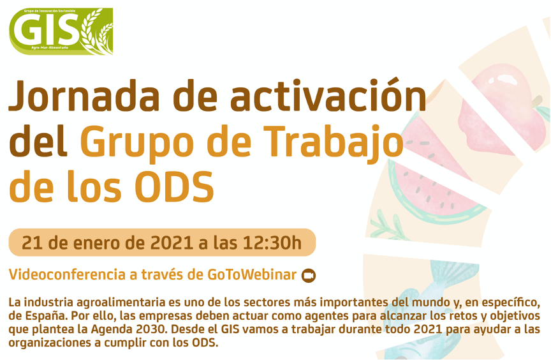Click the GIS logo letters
pos(47,30)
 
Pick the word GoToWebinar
pos(252,274)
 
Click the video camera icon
pos(309,276)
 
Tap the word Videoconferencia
pos(67,274)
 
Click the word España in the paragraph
pos(46,317)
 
